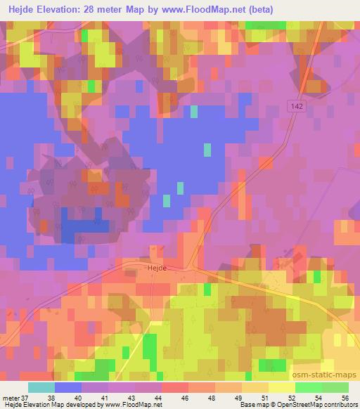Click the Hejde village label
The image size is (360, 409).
coord(135,268)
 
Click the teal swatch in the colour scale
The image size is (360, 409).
coord(41,387)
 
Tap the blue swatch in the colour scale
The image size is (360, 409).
coord(68,387)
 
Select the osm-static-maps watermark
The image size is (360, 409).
coord(328,358)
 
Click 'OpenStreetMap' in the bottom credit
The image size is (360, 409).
coord(302,404)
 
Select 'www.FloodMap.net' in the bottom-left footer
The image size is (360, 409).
coord(138,404)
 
